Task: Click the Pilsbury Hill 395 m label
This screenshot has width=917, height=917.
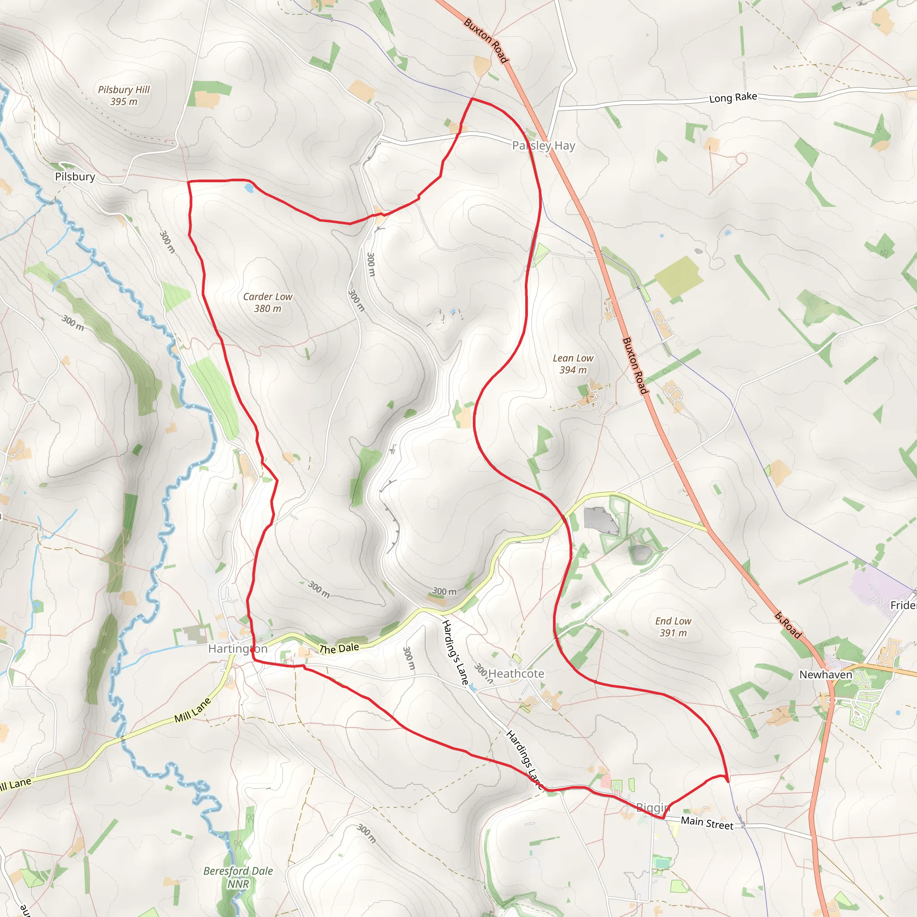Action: click(x=124, y=95)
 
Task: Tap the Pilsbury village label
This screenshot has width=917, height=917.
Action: click(x=75, y=176)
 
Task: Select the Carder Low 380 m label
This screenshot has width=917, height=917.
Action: click(x=268, y=302)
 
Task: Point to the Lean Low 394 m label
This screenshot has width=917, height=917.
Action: click(x=573, y=364)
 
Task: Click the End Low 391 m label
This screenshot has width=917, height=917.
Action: click(x=673, y=626)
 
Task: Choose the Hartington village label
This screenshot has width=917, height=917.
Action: click(x=237, y=648)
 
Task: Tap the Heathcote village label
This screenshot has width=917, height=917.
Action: click(x=516, y=673)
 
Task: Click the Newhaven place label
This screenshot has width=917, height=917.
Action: click(x=825, y=674)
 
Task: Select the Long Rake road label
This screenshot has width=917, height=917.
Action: click(x=733, y=97)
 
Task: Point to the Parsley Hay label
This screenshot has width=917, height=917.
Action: click(x=544, y=146)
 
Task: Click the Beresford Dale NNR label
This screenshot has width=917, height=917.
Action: click(x=238, y=877)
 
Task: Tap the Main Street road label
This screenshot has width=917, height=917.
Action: click(x=707, y=823)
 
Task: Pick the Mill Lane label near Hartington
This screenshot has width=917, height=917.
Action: click(x=192, y=710)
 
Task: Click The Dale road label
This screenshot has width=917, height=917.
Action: click(x=339, y=648)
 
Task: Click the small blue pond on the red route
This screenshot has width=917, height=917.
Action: click(x=249, y=189)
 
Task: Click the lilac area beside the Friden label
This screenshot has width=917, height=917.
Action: click(x=873, y=587)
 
